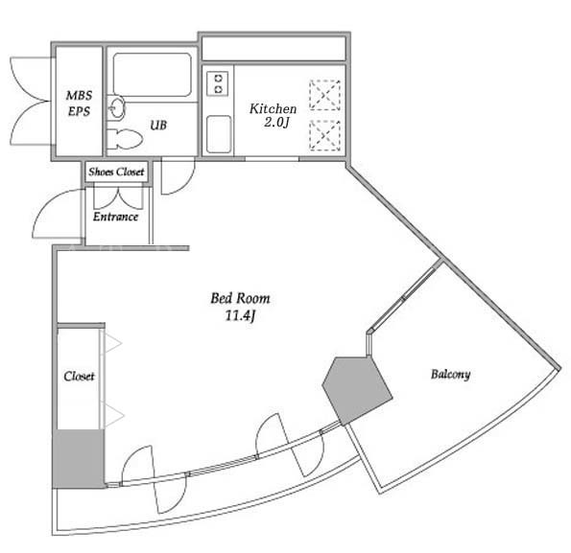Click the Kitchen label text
(x=273, y=108)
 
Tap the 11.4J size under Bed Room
(x=240, y=315)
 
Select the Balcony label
(x=450, y=374)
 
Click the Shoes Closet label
(x=116, y=172)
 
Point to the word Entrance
(x=115, y=217)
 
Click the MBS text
(x=79, y=96)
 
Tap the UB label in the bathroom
(x=158, y=125)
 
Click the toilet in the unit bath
(x=125, y=139)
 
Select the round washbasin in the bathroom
(x=117, y=108)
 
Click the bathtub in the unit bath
(x=152, y=75)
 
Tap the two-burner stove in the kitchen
(x=218, y=83)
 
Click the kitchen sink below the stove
(x=219, y=134)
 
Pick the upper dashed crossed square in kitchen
(x=324, y=95)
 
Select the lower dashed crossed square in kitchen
(x=324, y=135)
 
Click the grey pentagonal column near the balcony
(x=357, y=390)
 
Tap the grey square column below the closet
(x=79, y=459)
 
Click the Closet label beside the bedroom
(x=79, y=376)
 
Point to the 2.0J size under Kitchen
(x=276, y=123)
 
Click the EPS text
(x=79, y=111)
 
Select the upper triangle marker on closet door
(x=113, y=343)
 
